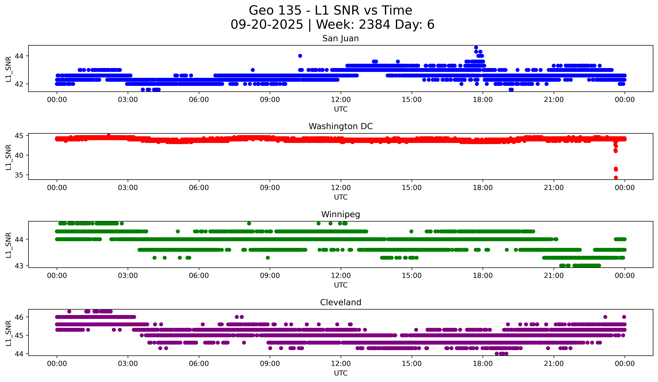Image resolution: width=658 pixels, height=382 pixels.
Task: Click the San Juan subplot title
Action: pyautogui.click(x=341, y=38)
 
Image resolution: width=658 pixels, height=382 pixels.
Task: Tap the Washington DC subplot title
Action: pyautogui.click(x=341, y=126)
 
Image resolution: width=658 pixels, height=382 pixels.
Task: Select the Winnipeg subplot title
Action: pyautogui.click(x=341, y=214)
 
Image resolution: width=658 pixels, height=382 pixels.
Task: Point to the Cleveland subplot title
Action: pyautogui.click(x=341, y=302)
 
